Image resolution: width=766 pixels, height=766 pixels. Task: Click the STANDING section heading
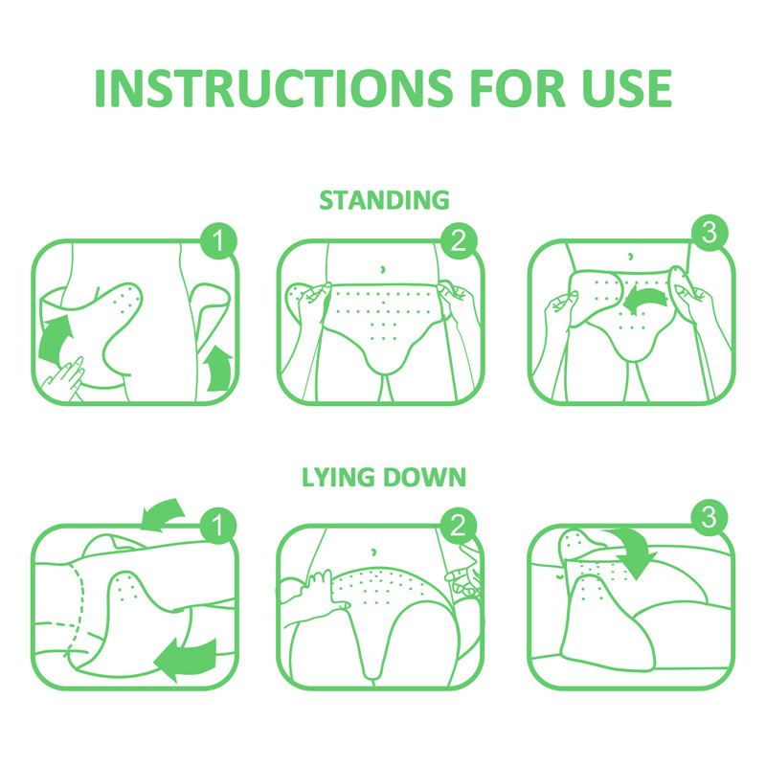(383, 200)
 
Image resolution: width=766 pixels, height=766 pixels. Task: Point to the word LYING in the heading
(339, 476)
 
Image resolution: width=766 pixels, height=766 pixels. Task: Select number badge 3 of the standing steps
(709, 234)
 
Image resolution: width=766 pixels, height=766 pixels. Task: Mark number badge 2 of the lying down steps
(459, 525)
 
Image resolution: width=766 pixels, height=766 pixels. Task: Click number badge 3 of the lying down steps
(709, 518)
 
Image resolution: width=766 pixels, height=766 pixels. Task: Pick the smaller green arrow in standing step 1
(219, 369)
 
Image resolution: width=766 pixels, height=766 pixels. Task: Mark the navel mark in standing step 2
(382, 267)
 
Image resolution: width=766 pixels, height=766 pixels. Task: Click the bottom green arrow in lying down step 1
(183, 659)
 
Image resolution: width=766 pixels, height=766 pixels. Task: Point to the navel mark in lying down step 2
(374, 551)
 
